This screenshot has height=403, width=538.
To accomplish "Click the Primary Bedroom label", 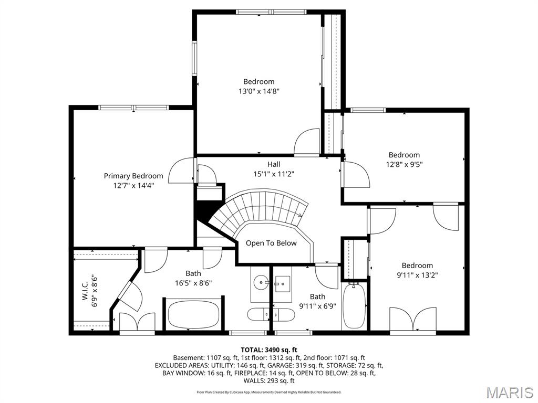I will [133, 176].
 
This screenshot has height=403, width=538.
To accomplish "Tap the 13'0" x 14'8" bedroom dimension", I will [258, 91].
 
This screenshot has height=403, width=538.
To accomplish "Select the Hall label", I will [273, 164].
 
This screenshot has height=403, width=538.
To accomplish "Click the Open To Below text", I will [271, 243].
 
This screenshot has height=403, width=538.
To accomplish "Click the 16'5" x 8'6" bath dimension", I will [193, 283].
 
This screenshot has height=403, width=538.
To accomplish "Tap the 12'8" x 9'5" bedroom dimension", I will [404, 164].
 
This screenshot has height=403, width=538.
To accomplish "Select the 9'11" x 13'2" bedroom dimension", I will [417, 274].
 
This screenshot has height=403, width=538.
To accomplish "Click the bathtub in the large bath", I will [193, 314].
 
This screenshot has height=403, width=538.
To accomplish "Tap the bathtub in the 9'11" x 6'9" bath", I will [354, 306].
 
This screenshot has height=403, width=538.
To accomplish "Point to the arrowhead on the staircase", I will [300, 214].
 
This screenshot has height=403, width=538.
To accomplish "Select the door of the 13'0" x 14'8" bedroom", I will [306, 143].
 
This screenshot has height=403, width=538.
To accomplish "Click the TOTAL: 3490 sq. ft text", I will [269, 349].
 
